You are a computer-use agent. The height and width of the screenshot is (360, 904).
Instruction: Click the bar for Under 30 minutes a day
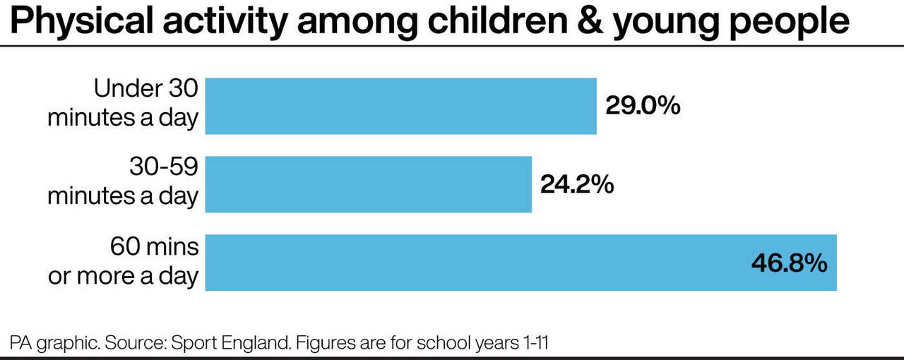400,106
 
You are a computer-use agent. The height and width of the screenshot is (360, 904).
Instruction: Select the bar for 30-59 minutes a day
368,184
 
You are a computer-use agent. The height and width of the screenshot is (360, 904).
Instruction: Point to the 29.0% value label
643,106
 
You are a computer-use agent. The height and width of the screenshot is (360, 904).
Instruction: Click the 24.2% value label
577,184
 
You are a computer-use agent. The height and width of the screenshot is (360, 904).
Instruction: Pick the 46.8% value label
789,263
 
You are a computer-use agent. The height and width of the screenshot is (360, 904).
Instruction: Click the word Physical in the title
77,21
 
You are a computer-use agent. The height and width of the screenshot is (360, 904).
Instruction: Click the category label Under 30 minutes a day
124,103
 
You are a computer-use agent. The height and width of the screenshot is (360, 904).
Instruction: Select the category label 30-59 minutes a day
124,181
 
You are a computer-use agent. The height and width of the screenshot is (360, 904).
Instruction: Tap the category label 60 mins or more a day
124,261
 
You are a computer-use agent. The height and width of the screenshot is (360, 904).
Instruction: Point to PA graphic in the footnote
54,343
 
